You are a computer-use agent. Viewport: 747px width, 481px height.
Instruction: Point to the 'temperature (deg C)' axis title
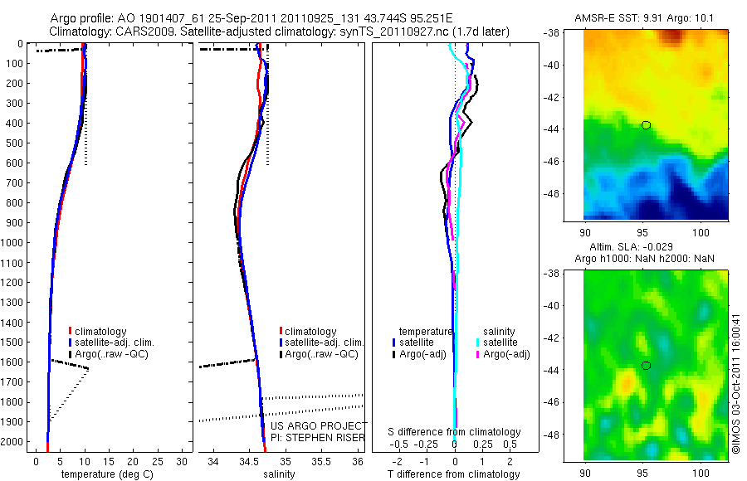[106, 474]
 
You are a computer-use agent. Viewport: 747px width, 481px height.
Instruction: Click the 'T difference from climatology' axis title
[455, 474]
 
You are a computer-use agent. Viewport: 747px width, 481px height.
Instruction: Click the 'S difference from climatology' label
[455, 432]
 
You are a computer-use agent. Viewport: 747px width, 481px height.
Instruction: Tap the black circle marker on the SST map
[647, 125]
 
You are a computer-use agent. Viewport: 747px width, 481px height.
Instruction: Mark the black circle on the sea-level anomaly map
[647, 366]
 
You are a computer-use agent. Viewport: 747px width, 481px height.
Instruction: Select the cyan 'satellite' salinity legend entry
[501, 343]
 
